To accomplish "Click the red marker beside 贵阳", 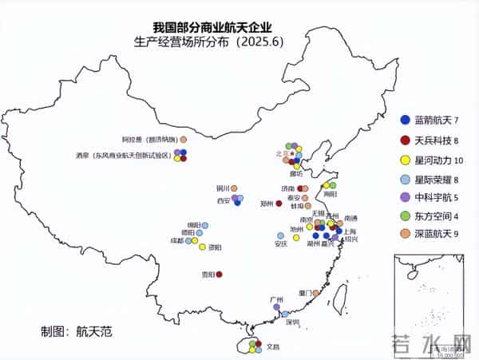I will coord(220,275).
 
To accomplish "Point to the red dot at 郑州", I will coord(279,204).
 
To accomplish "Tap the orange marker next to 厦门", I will coord(316,294).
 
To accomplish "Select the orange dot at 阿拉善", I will coord(184,139).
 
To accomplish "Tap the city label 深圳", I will coord(291,322).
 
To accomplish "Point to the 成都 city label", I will coord(176,240).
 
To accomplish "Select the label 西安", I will coord(223,201).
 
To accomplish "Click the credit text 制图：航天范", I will coord(77,330).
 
